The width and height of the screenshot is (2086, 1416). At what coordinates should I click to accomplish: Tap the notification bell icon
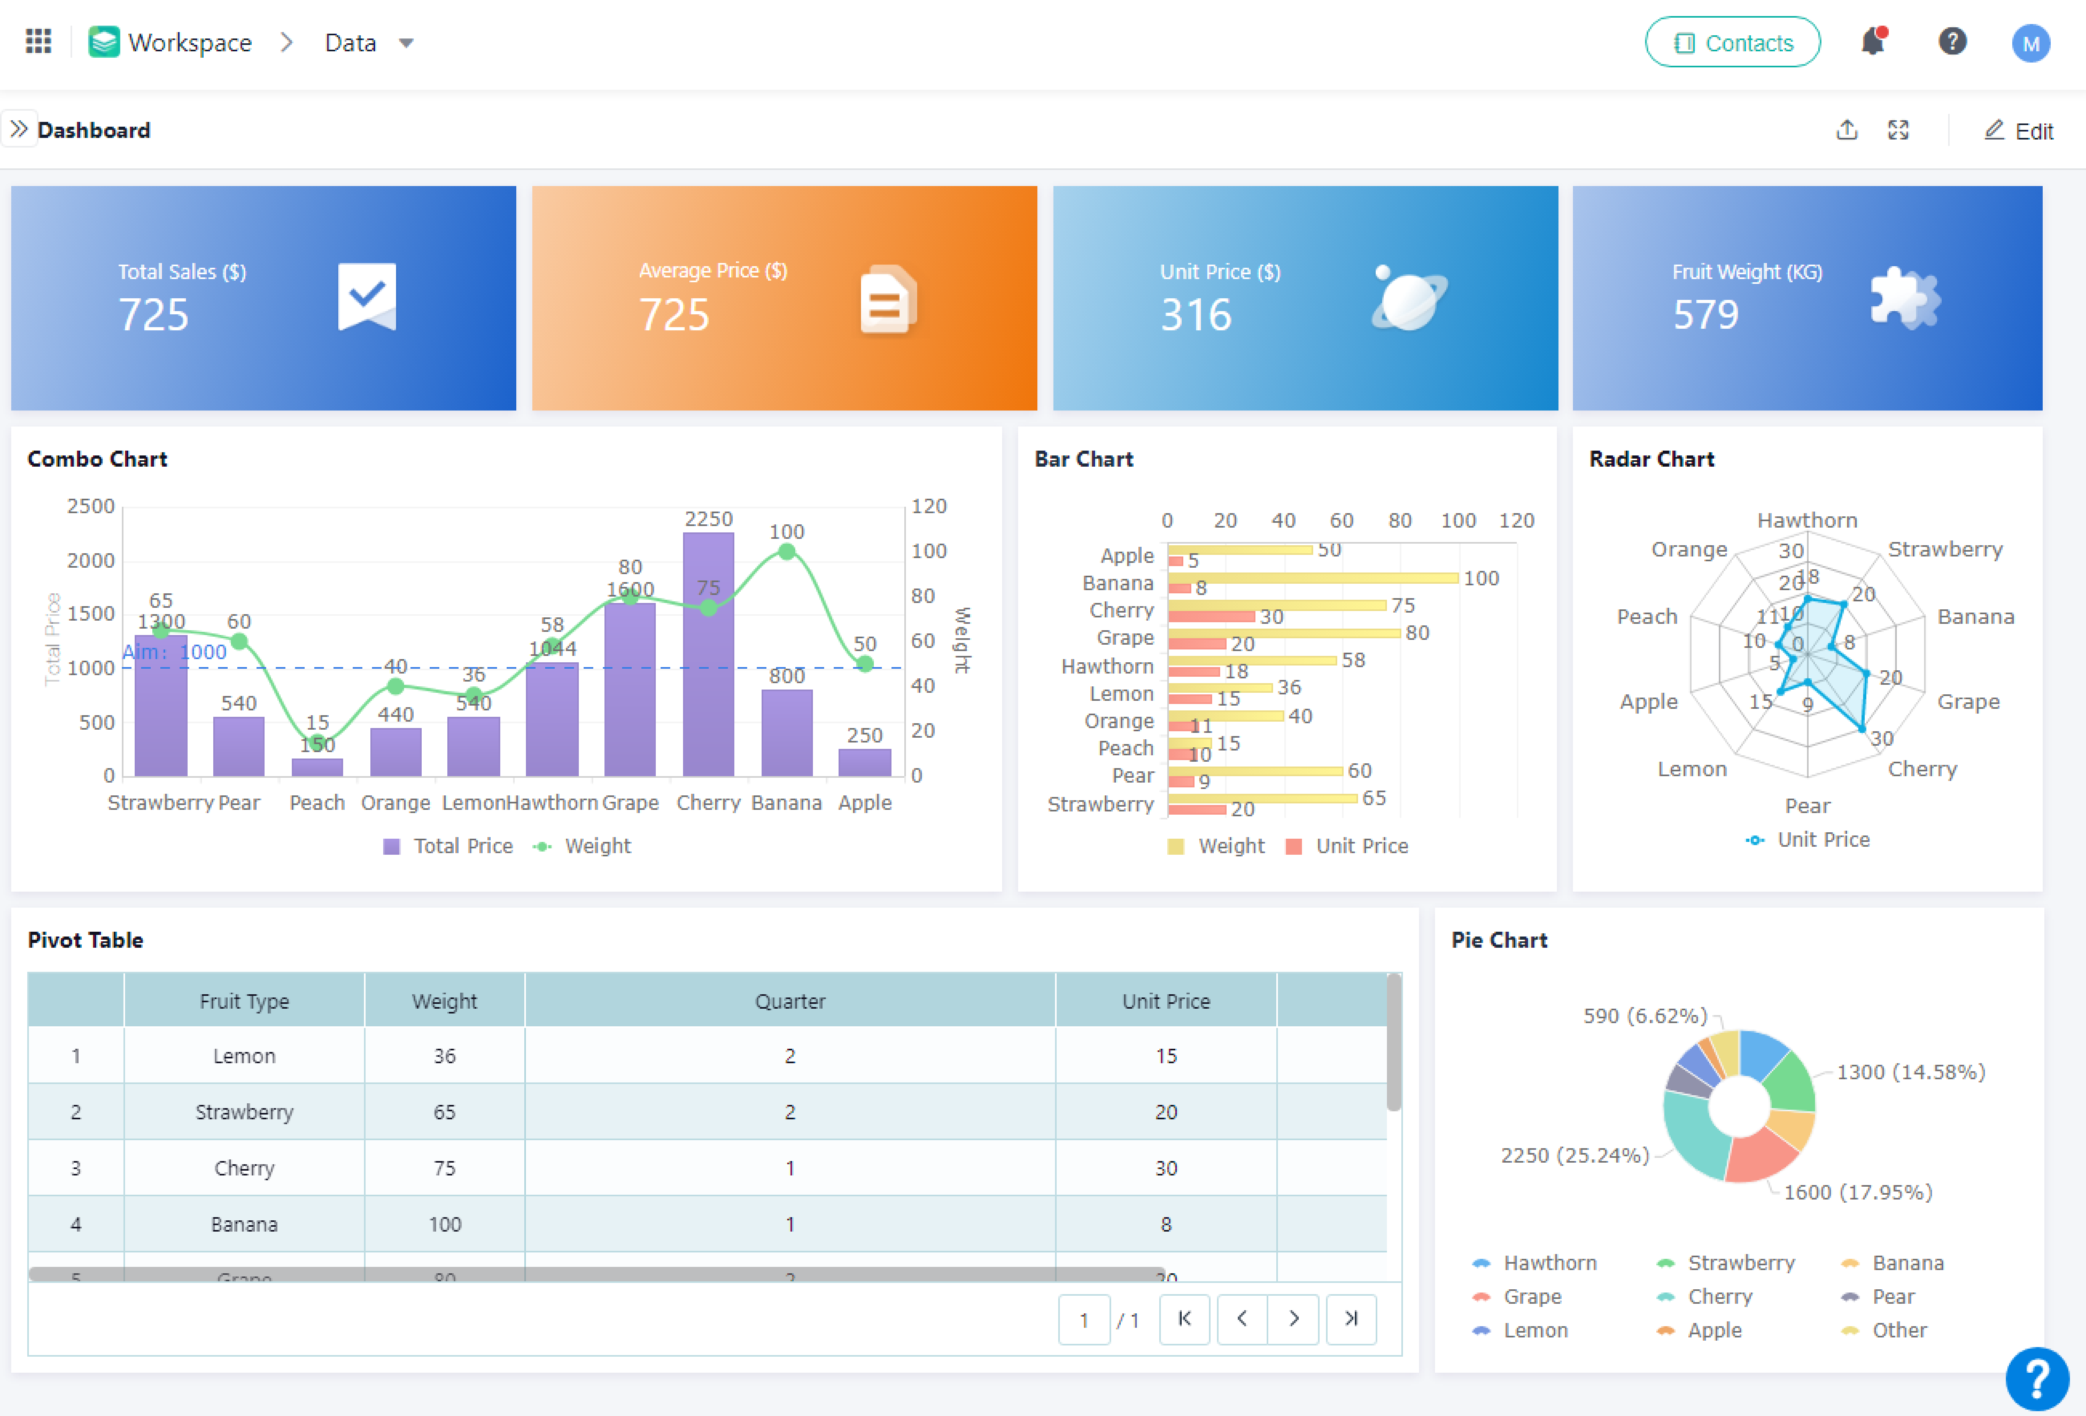click(1872, 41)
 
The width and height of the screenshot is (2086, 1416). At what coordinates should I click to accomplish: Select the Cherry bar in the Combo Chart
click(708, 655)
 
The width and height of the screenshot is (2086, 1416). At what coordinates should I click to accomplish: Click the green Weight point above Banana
click(786, 551)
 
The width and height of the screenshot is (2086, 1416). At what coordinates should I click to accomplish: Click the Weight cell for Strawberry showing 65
click(444, 1112)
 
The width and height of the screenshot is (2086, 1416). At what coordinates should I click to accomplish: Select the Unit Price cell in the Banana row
click(1165, 1224)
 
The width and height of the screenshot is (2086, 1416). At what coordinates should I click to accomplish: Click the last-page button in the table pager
click(1350, 1318)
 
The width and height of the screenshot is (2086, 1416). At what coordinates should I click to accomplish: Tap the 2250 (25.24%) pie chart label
click(1575, 1155)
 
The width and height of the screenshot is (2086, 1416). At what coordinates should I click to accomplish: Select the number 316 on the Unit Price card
click(1196, 314)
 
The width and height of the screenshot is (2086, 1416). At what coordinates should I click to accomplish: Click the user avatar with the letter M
click(2030, 43)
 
